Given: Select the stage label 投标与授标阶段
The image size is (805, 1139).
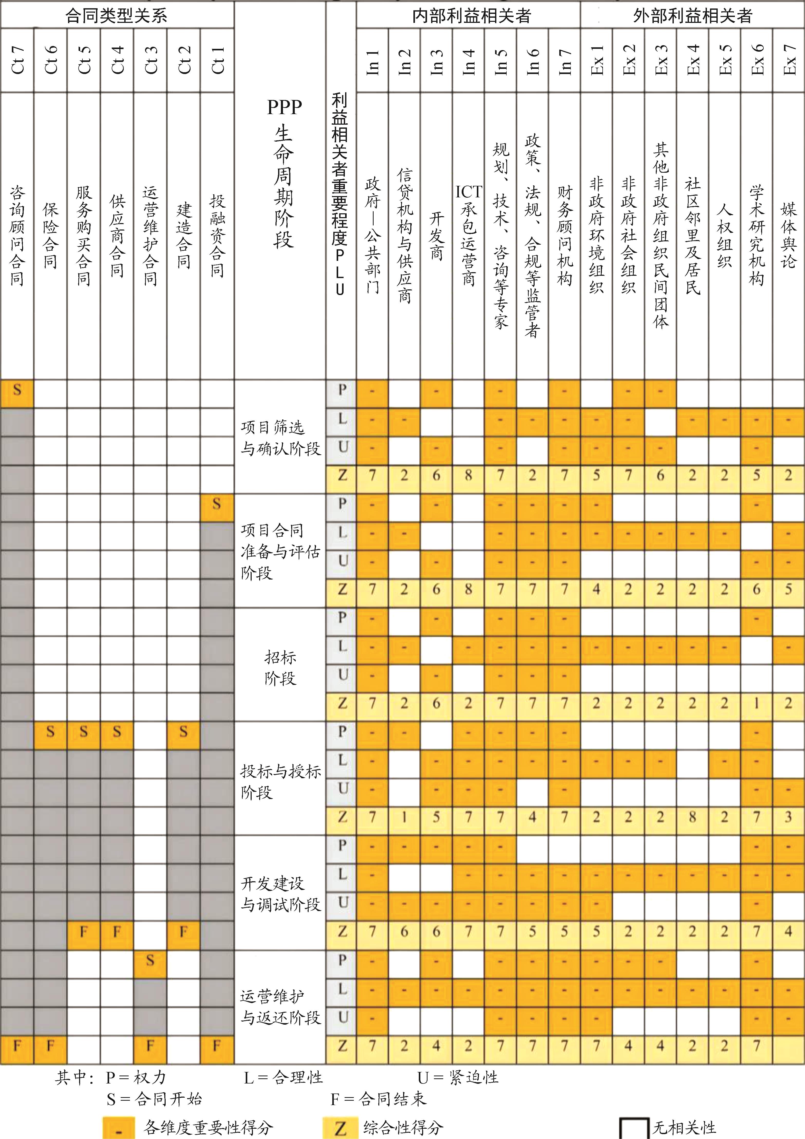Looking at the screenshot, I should (281, 781).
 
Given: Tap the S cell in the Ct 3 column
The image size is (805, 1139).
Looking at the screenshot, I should (150, 961).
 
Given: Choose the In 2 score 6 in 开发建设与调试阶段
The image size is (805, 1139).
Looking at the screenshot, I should (404, 932).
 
